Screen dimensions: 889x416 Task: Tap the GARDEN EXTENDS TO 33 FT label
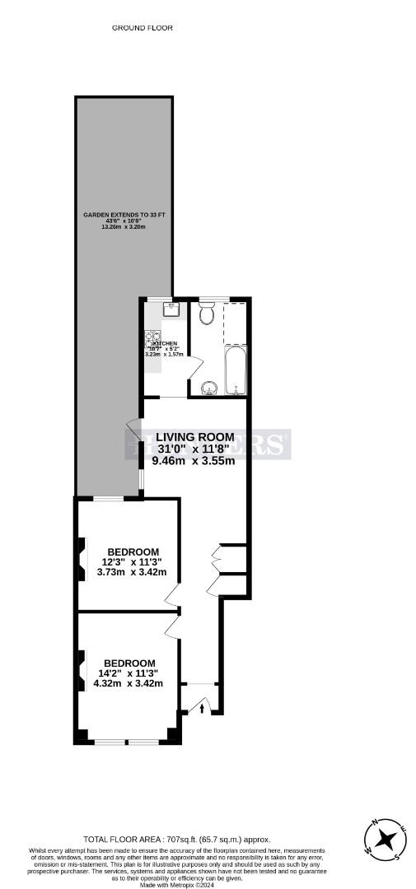pos(124,215)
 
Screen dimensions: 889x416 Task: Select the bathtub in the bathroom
pos(234,370)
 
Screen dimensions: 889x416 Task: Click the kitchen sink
pos(171,309)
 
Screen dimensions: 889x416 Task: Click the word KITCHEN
pos(164,343)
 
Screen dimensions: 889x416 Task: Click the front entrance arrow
pos(203,706)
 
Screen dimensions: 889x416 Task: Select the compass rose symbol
pos(384,840)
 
